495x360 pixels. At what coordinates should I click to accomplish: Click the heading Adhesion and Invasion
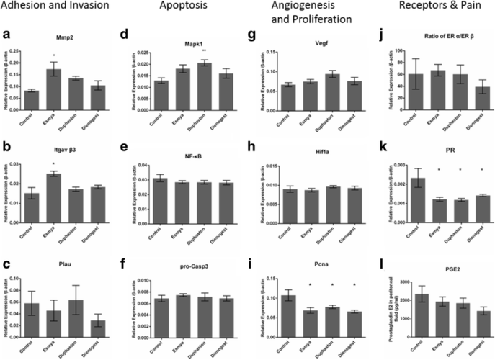click(55, 7)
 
